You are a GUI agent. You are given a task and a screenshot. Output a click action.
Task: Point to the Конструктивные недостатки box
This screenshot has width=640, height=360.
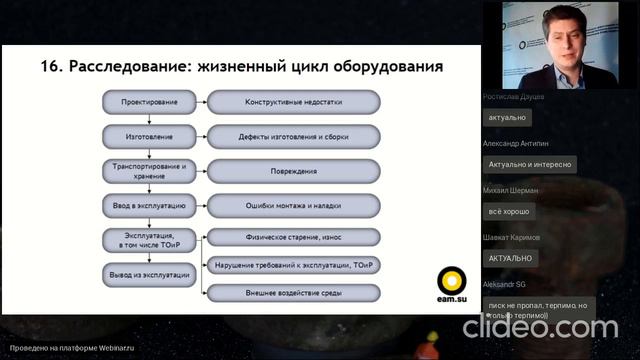coord(293,102)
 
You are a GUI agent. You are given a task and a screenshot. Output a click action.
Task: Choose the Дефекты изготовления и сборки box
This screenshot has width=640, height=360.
coord(293,135)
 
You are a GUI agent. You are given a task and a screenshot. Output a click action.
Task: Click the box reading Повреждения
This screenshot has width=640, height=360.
coord(293,170)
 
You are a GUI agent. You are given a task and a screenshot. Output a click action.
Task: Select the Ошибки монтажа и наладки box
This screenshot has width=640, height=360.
coord(293,205)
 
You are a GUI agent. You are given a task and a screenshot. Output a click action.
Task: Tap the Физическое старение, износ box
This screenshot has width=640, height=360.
coord(293,237)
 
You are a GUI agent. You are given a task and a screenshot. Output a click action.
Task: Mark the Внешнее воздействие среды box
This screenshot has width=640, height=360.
coord(293,293)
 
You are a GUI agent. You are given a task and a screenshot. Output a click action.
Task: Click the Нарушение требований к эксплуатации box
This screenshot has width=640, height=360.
coord(293,265)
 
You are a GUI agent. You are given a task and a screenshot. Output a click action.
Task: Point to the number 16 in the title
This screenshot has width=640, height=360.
coord(53,67)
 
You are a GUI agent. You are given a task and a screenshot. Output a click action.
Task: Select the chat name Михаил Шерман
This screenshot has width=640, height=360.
coord(510,190)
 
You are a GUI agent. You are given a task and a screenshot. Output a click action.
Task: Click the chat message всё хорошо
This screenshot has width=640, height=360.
coord(509,212)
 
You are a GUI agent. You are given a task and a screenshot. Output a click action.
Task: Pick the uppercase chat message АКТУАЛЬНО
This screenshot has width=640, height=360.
coord(510,258)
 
